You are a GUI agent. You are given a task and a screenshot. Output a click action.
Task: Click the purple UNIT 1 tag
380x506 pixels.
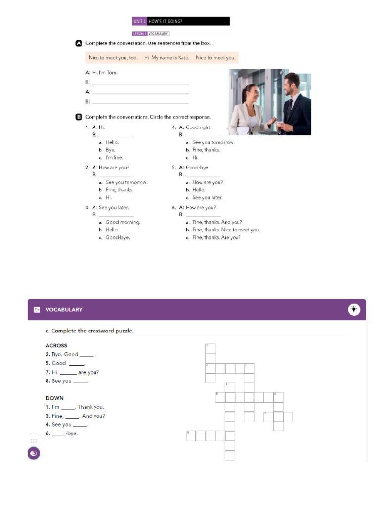pyautogui.click(x=140, y=21)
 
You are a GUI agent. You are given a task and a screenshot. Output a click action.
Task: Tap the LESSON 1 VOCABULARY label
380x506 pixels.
pyautogui.click(x=150, y=34)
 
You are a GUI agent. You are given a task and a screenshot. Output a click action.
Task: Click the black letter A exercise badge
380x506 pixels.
pyautogui.click(x=78, y=43)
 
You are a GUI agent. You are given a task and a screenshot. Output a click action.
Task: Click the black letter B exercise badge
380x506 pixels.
pyautogui.click(x=78, y=117)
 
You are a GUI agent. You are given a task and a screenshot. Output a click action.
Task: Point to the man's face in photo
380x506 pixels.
pyautogui.click(x=291, y=83)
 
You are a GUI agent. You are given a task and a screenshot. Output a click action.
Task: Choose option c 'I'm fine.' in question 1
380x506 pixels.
pyautogui.click(x=114, y=158)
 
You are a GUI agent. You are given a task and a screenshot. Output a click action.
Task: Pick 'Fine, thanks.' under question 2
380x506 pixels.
pyautogui.click(x=119, y=190)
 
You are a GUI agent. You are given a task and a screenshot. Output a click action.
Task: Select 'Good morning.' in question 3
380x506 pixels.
pyautogui.click(x=122, y=222)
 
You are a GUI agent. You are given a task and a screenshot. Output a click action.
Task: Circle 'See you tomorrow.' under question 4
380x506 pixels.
pyautogui.click(x=213, y=142)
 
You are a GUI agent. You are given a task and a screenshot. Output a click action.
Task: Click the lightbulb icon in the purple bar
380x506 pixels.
pyautogui.click(x=354, y=309)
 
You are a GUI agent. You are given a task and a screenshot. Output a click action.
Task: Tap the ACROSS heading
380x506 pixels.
pyautogui.click(x=56, y=345)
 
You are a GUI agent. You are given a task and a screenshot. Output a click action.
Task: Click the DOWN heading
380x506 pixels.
pyautogui.click(x=54, y=398)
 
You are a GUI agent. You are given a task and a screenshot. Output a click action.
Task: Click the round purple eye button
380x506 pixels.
pyautogui.click(x=34, y=453)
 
